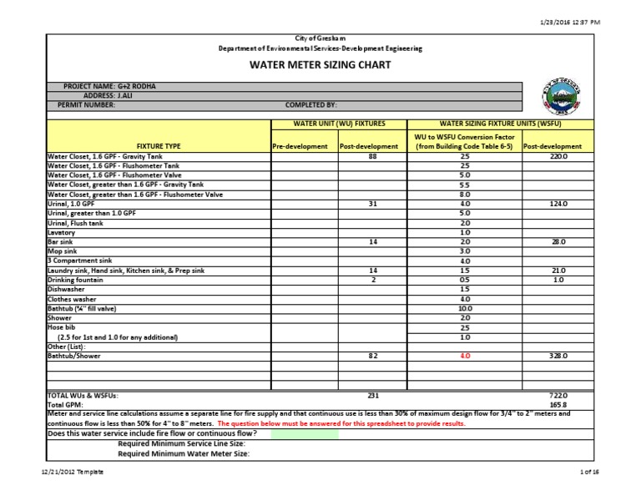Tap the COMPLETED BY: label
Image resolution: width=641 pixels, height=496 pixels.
click(311, 105)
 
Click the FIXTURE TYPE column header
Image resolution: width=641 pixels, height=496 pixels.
click(159, 146)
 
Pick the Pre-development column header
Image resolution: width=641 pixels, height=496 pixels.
click(303, 146)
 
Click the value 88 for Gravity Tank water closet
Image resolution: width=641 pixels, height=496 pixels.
click(372, 156)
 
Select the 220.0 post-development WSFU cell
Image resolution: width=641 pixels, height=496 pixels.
click(558, 156)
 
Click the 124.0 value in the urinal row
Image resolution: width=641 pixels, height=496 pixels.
click(558, 204)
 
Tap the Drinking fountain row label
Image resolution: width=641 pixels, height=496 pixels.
click(76, 280)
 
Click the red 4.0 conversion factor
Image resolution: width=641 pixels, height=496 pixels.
click(465, 356)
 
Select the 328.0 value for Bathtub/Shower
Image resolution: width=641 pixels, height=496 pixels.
click(558, 356)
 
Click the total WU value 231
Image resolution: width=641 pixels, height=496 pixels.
click(372, 394)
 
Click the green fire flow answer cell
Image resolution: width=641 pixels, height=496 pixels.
click(304, 434)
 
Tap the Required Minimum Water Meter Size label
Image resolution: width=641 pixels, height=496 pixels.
click(184, 454)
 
